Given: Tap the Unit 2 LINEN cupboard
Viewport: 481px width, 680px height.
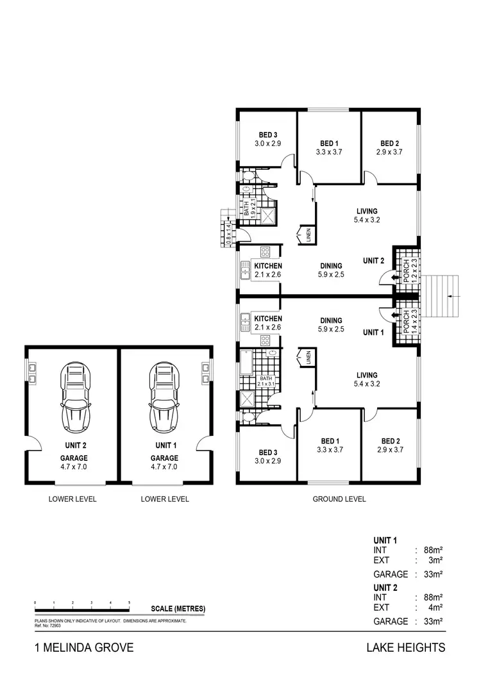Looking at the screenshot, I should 305,235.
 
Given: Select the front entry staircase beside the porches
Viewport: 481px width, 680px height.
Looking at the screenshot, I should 443,296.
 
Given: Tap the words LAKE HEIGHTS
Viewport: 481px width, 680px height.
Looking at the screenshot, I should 405,648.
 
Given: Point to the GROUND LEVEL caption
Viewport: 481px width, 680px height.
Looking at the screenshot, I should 339,499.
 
